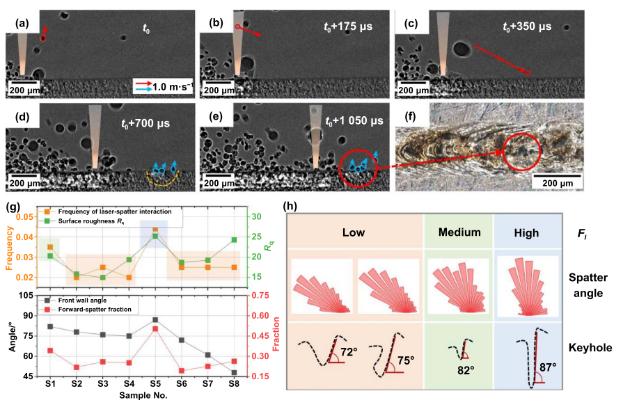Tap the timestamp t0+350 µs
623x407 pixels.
click(x=527, y=27)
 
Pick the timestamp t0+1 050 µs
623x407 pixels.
click(x=354, y=120)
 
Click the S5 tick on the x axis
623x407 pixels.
click(x=155, y=383)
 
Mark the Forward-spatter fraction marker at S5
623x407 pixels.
click(x=155, y=328)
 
